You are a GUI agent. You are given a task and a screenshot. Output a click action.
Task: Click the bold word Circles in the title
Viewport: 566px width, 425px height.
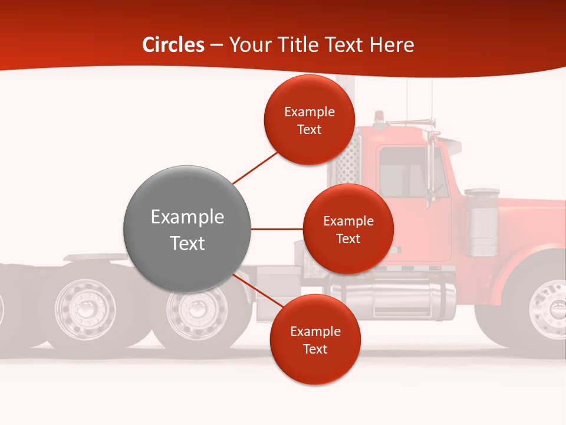point(173,45)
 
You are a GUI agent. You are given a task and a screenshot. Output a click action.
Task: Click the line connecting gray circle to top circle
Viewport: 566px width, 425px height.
point(255,167)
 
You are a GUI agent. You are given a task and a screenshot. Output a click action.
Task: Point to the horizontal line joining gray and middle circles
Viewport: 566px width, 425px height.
point(277,229)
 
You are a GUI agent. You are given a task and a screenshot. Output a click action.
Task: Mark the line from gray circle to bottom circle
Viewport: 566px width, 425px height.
point(254,293)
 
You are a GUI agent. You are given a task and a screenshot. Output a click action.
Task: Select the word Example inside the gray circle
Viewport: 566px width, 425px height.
point(187,217)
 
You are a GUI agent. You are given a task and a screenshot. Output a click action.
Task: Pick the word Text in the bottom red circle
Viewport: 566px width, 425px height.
point(315,349)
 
